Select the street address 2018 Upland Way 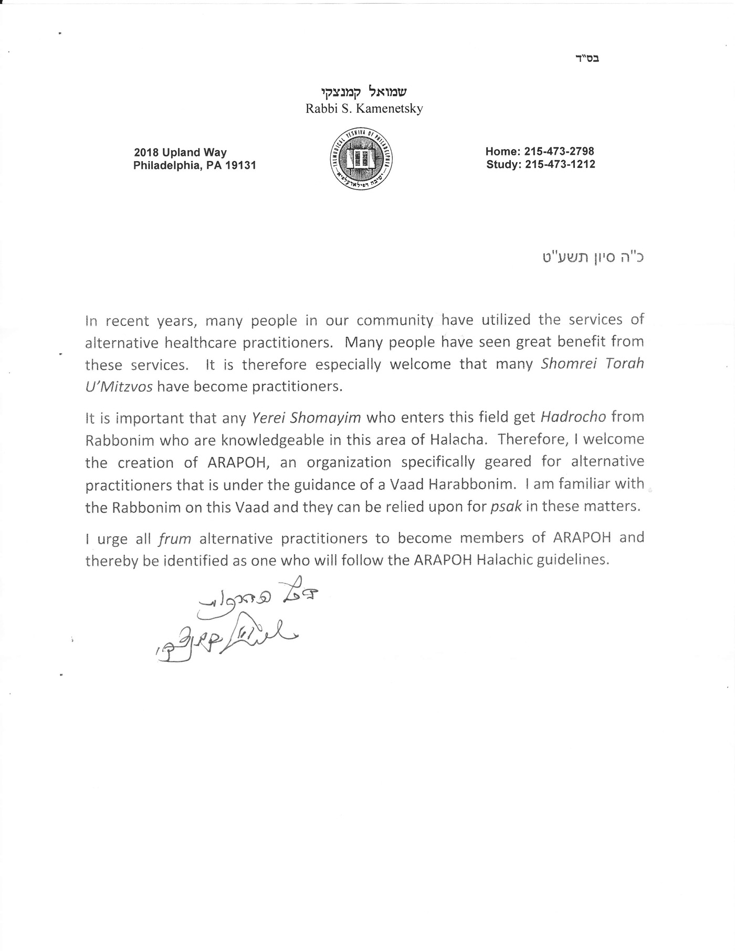[x=180, y=153]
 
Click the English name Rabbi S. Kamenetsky [x=364, y=109]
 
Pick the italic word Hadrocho [x=573, y=417]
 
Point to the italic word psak [x=506, y=508]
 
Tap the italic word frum [x=174, y=538]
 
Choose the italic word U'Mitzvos [x=119, y=387]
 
